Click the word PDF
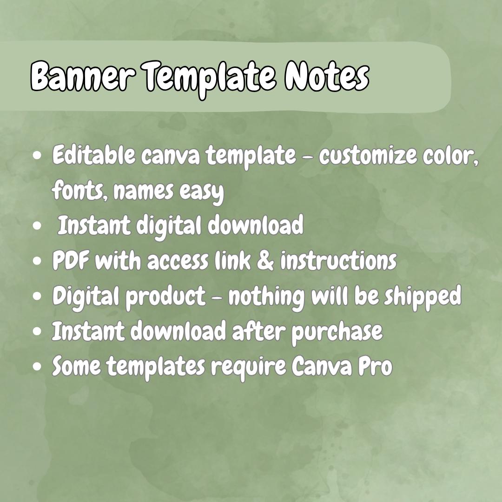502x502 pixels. click(x=71, y=261)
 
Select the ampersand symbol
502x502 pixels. click(x=265, y=261)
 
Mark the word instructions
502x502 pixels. click(x=338, y=261)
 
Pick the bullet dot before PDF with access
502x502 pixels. click(x=39, y=261)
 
